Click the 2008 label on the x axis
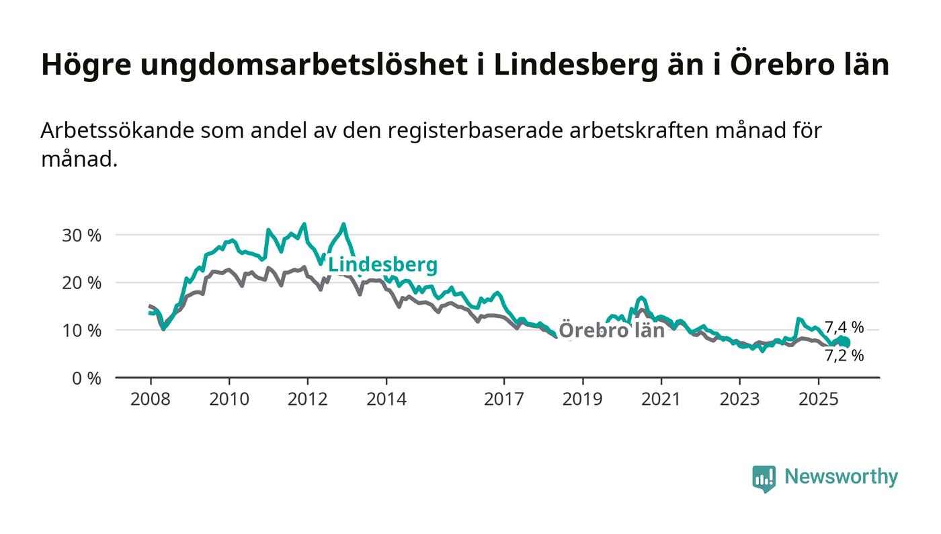(x=150, y=399)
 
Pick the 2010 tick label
(x=229, y=399)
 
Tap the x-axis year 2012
(x=307, y=399)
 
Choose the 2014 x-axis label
(x=386, y=399)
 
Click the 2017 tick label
(x=503, y=399)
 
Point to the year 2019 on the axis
(x=582, y=399)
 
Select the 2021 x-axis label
(x=661, y=399)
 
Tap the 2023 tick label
(x=739, y=399)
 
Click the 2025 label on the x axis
(x=818, y=399)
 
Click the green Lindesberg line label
(x=382, y=265)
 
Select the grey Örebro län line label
(x=612, y=330)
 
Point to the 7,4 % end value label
(x=844, y=328)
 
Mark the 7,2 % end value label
(x=844, y=356)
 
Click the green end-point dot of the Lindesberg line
(x=845, y=342)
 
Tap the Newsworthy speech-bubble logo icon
(x=764, y=478)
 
